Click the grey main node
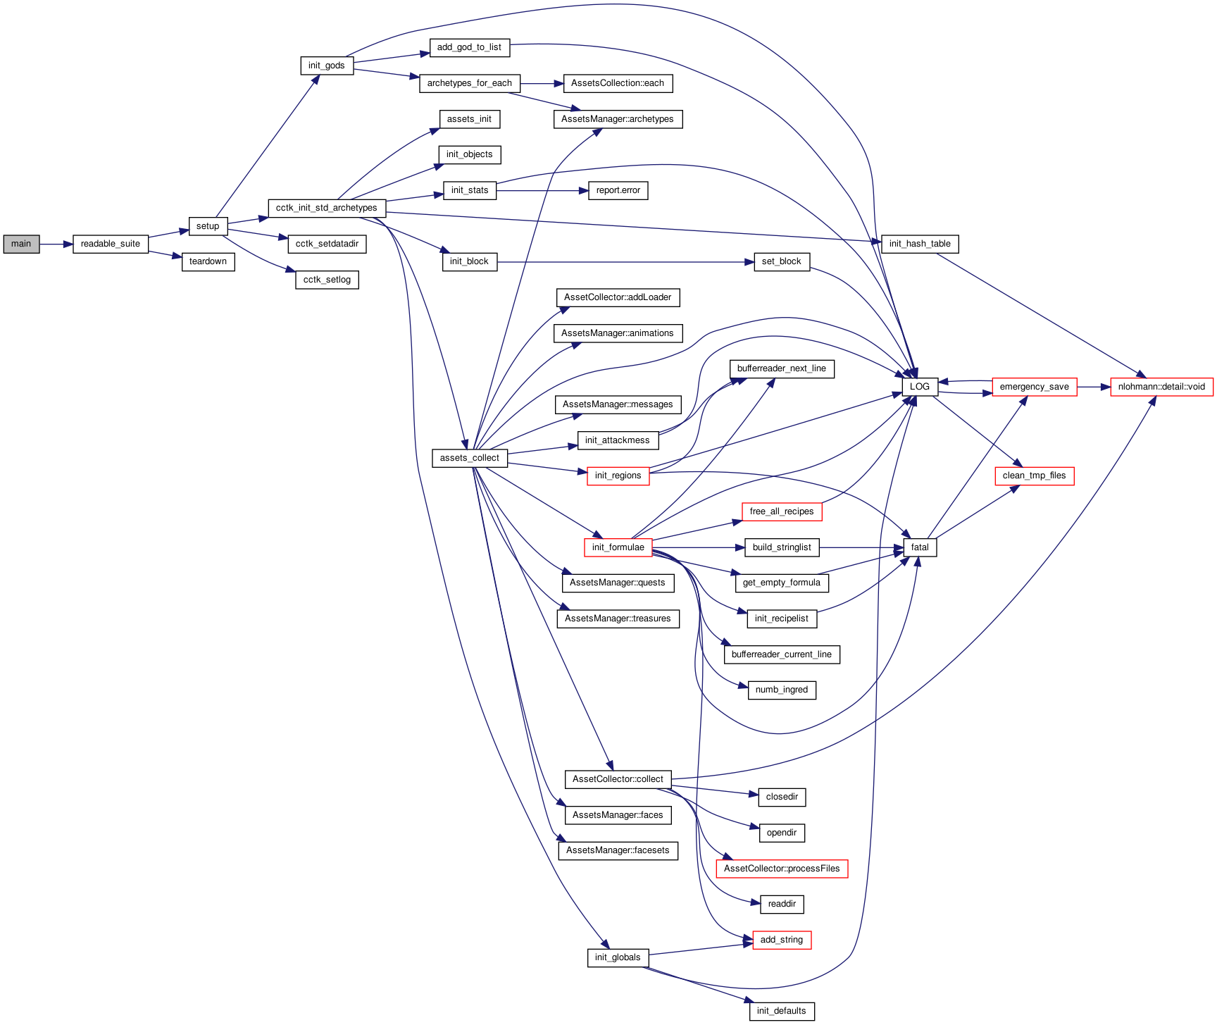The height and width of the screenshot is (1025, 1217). (x=21, y=244)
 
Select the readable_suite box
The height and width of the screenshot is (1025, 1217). (x=111, y=244)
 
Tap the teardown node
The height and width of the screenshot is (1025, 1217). (x=208, y=262)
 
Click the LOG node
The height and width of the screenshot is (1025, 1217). (x=920, y=387)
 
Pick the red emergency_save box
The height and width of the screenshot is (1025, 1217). (x=1035, y=387)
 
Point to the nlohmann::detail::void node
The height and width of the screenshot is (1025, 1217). (x=1162, y=387)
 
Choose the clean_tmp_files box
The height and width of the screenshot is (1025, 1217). (x=1035, y=476)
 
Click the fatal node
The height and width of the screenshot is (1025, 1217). (x=920, y=547)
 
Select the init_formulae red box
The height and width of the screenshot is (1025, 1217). (x=618, y=547)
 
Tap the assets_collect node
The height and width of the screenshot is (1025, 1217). (x=470, y=458)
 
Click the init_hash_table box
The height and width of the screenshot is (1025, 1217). (x=920, y=244)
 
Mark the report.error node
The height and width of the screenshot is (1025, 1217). (x=618, y=190)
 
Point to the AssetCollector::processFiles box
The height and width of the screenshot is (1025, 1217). (x=782, y=869)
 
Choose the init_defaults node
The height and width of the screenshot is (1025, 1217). (x=782, y=1011)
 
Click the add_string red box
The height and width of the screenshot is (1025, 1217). (x=782, y=940)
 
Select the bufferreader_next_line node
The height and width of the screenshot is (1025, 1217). (x=782, y=368)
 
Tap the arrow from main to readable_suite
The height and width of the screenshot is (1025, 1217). (x=56, y=244)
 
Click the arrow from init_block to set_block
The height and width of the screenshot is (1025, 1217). (x=625, y=262)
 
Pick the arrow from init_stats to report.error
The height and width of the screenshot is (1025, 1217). (x=542, y=191)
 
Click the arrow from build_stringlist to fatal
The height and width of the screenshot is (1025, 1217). (x=861, y=547)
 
